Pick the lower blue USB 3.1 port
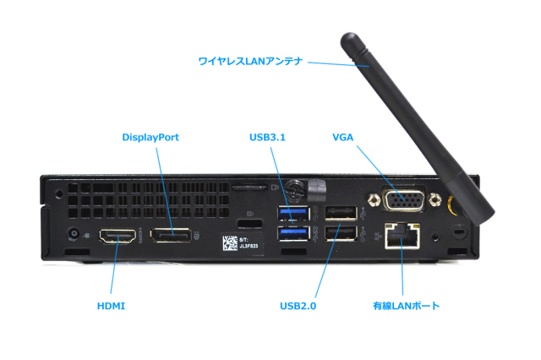[292, 234]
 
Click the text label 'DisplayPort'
[150, 137]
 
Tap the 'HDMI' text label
[111, 305]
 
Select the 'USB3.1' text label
[267, 137]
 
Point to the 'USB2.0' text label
[298, 305]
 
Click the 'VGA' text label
[343, 137]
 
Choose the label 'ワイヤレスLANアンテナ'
[249, 62]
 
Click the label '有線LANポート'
[406, 305]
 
